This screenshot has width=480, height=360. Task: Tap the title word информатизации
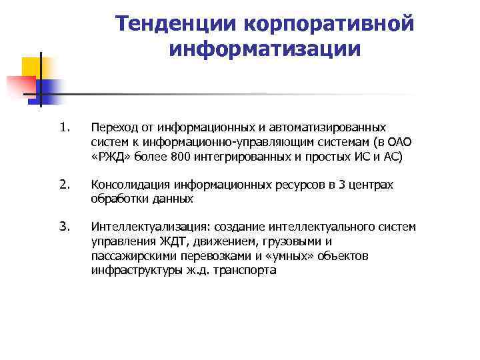(265, 49)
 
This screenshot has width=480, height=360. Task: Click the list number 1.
(64, 127)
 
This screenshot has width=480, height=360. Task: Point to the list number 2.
(64, 185)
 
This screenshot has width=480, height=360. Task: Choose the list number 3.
(64, 227)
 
